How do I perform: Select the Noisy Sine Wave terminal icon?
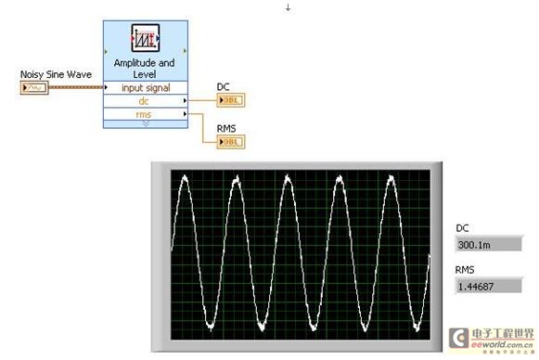click(30, 87)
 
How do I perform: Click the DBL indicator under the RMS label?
click(230, 142)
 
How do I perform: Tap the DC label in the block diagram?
click(223, 87)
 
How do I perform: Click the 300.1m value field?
click(485, 244)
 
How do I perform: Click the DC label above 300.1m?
click(463, 228)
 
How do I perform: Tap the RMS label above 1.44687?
click(465, 269)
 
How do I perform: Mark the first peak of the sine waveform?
click(185, 177)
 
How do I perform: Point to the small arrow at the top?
click(288, 7)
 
